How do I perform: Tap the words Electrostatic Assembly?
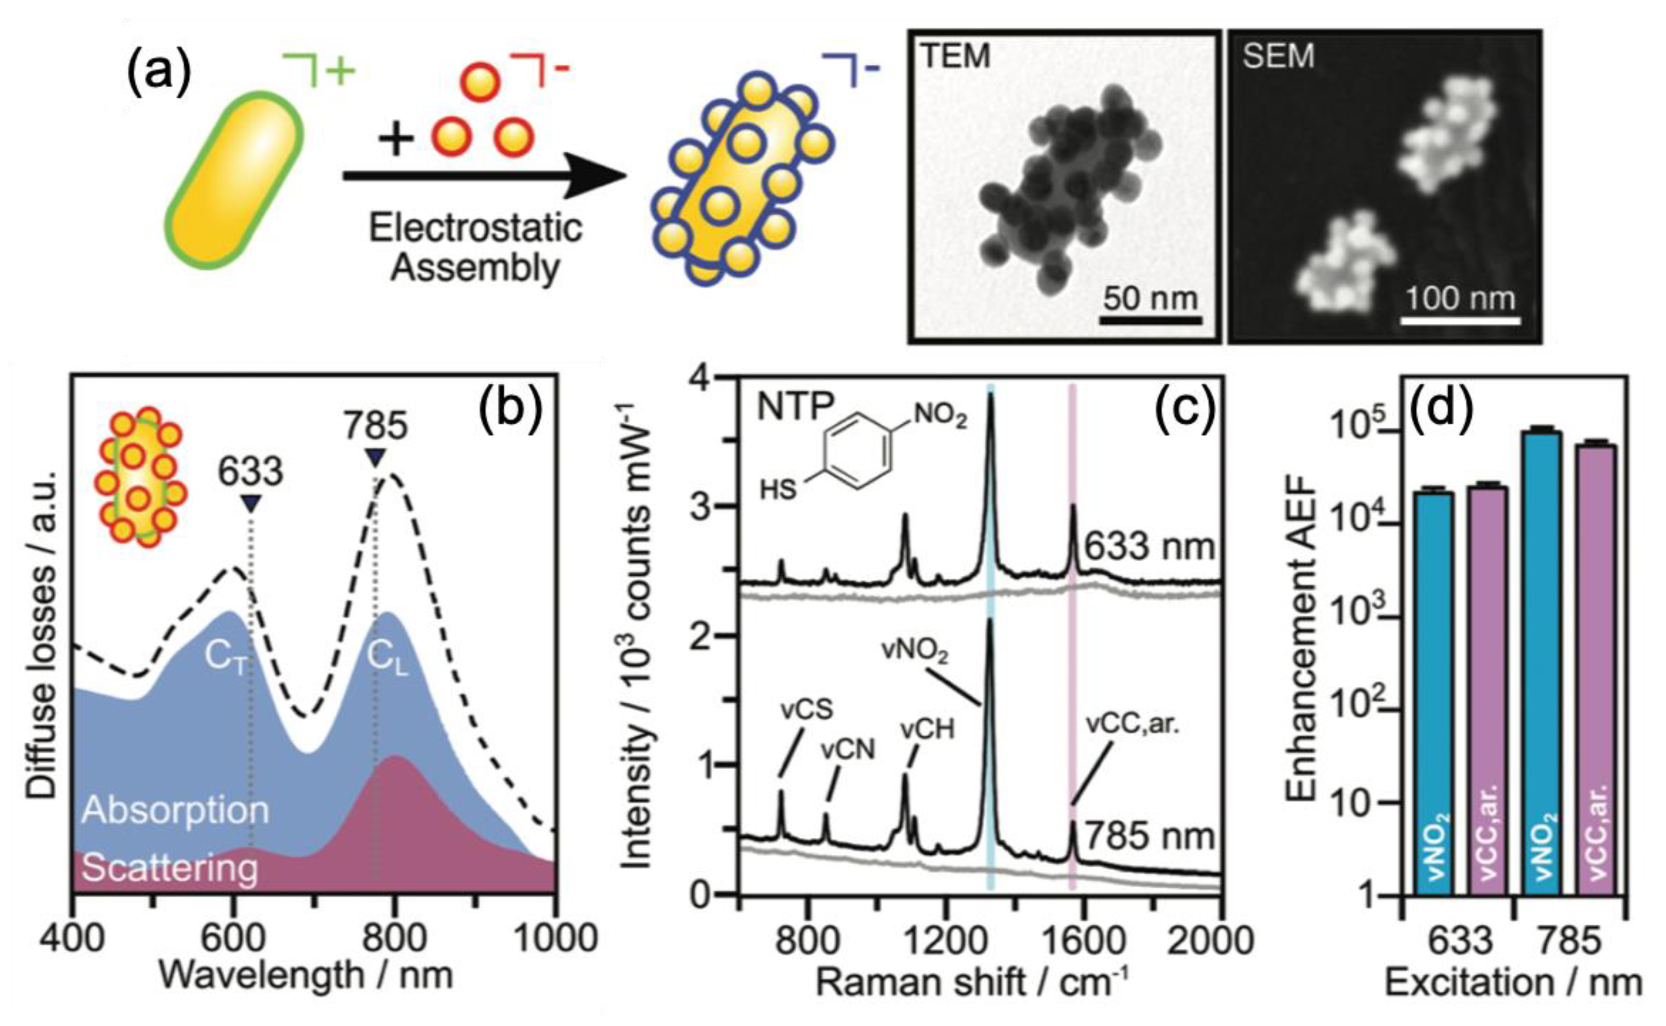coord(475,248)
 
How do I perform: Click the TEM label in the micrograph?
coord(955,56)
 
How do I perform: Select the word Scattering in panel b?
coord(170,869)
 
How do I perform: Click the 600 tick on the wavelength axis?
coord(233,939)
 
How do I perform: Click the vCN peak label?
coord(848,750)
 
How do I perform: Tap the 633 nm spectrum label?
coord(1148,546)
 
